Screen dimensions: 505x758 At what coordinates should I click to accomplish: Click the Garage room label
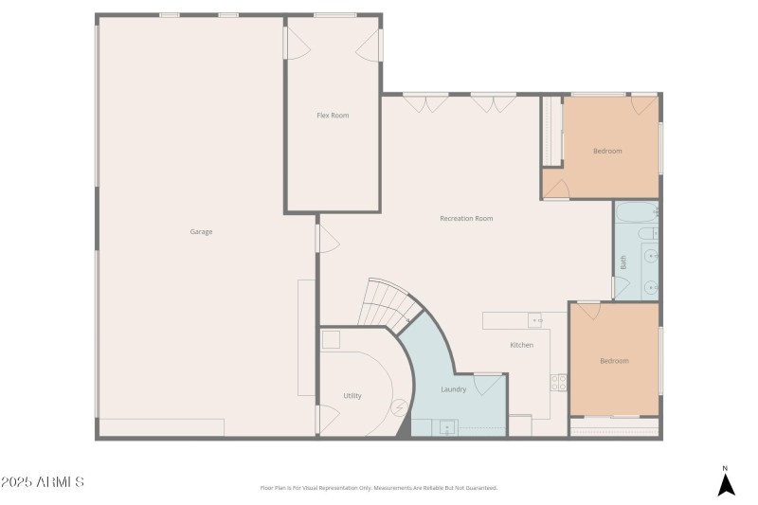(x=201, y=231)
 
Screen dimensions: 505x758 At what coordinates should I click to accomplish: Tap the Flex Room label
(x=333, y=116)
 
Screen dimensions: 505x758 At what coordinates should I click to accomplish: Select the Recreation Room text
(x=466, y=219)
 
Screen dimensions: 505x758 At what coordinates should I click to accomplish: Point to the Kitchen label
(x=521, y=345)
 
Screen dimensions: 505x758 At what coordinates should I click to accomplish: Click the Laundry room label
(x=454, y=389)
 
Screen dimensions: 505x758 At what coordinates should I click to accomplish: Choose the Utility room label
(x=352, y=396)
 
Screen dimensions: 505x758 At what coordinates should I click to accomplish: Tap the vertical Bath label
(x=623, y=263)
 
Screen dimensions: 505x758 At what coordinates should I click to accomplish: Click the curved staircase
(x=388, y=303)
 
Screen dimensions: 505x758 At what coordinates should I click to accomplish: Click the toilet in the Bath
(x=647, y=234)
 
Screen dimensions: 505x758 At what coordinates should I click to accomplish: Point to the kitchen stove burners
(x=559, y=382)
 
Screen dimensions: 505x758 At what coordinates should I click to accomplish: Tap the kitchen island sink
(x=534, y=319)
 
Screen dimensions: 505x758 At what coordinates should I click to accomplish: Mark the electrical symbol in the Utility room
(x=399, y=407)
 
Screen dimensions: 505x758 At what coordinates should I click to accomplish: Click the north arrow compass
(x=725, y=482)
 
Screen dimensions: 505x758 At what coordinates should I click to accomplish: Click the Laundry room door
(x=488, y=384)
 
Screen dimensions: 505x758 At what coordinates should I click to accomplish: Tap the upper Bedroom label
(x=607, y=151)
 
